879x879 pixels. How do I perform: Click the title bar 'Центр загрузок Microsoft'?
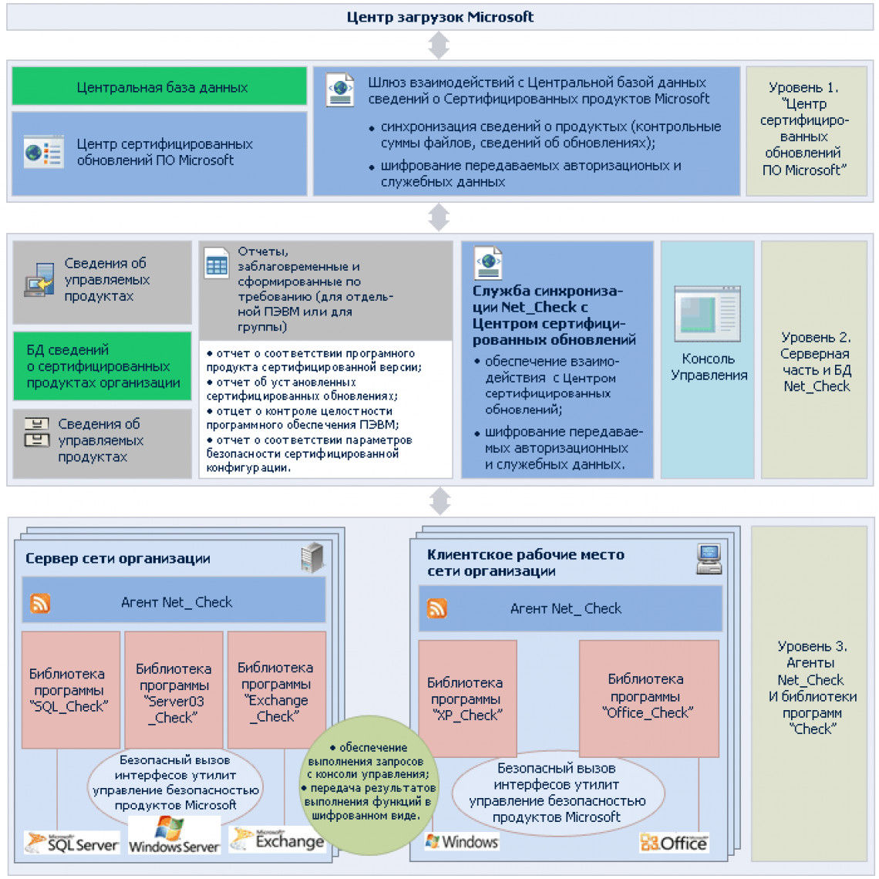pos(439,17)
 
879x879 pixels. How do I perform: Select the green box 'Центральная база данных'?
pos(160,86)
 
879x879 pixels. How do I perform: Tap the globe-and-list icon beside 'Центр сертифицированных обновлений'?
pos(44,151)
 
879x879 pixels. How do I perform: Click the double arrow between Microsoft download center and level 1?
pos(439,45)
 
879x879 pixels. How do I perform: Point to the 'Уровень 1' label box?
pos(806,130)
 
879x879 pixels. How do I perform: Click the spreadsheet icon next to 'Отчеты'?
pos(217,264)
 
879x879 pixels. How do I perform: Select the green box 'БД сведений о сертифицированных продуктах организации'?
pos(102,366)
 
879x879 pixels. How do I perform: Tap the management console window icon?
pos(708,314)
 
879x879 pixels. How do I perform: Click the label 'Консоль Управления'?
pos(709,367)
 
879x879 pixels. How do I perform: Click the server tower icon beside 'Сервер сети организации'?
pos(312,557)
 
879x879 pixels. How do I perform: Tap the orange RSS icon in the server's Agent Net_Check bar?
pos(40,603)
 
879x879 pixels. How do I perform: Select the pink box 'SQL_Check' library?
pos(71,689)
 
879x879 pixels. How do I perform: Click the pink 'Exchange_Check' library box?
pos(277,689)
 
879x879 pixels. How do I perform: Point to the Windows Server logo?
pos(174,835)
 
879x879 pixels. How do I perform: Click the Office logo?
pos(675,843)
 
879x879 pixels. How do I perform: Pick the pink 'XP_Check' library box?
pos(467,699)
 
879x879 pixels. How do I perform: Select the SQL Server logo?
pos(72,843)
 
